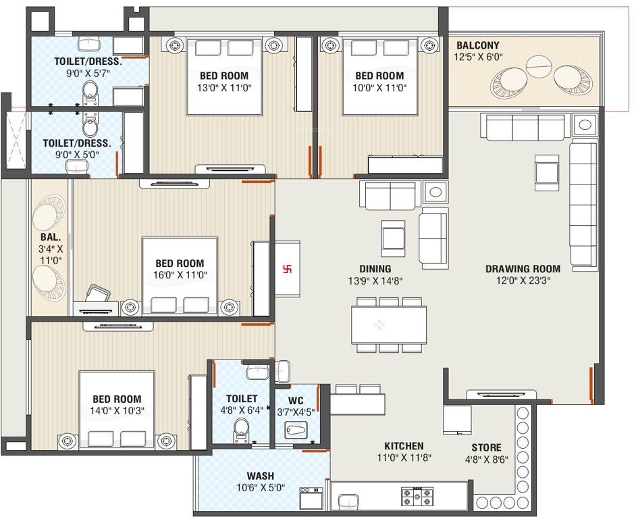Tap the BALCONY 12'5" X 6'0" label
(x=478, y=51)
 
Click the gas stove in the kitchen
(x=418, y=498)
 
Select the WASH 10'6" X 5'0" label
(x=260, y=481)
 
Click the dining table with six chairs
(x=388, y=325)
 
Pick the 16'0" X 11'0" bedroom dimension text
(x=180, y=275)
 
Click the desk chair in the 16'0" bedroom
(x=99, y=295)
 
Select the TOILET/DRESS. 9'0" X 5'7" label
(x=88, y=68)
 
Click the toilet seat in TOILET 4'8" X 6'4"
(x=240, y=426)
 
